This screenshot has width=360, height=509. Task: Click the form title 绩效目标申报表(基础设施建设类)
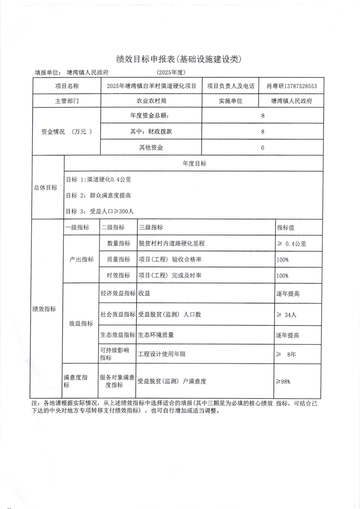(x=180, y=59)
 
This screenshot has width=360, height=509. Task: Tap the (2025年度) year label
(x=171, y=72)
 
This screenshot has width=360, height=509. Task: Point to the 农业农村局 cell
(x=152, y=101)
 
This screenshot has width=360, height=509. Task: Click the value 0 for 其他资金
(x=262, y=147)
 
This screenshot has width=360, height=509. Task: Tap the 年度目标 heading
(x=194, y=164)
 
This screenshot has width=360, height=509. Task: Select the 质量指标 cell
(x=118, y=259)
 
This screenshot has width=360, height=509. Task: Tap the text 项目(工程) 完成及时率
(x=170, y=275)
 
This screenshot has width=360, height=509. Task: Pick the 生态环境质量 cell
(x=156, y=335)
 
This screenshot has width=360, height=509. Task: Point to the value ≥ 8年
(x=286, y=354)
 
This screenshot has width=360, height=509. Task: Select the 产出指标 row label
(x=81, y=259)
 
